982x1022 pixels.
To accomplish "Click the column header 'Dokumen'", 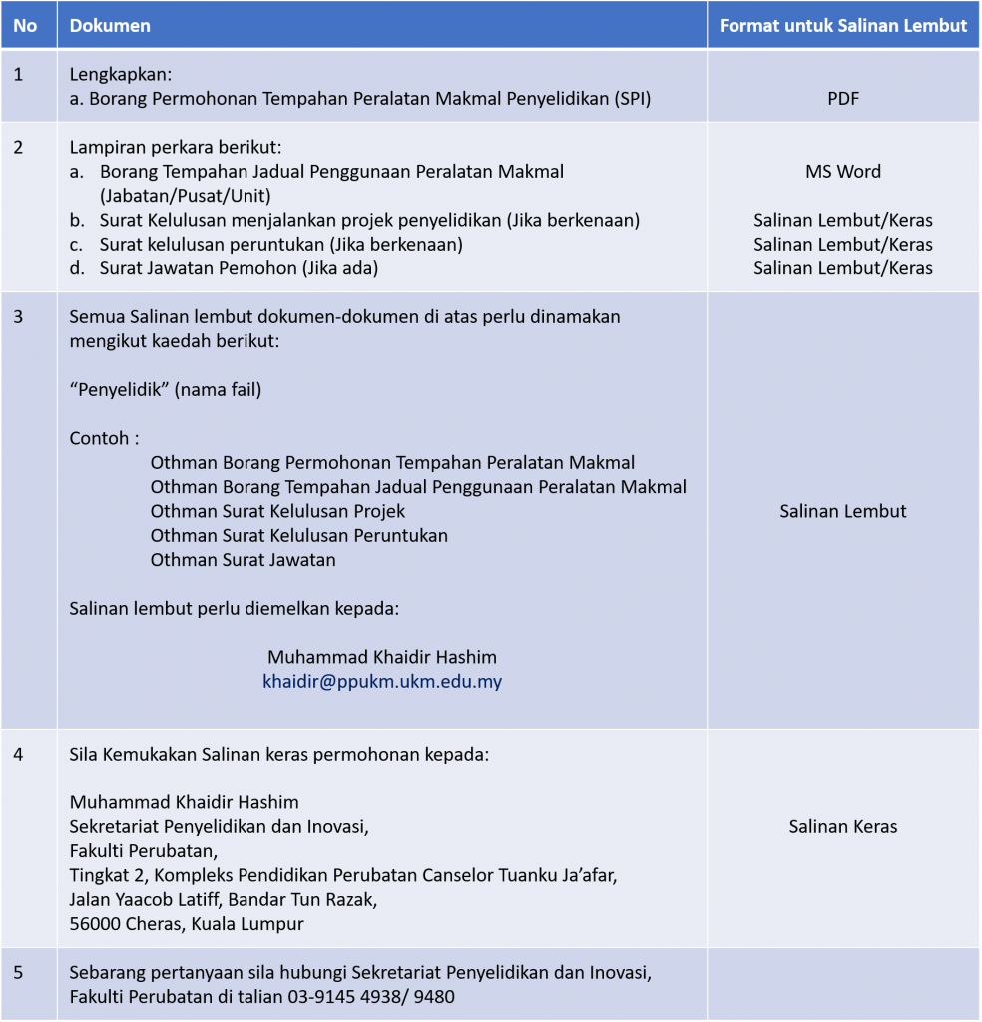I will [110, 26].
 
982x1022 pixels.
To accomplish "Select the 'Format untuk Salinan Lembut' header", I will [843, 26].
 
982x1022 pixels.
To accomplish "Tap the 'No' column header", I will [25, 26].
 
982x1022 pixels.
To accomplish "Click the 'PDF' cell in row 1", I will [843, 99].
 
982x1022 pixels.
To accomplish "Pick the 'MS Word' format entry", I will [843, 171].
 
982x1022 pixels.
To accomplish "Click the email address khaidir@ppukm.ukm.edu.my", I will [382, 682].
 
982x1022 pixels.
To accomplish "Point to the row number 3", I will [19, 317].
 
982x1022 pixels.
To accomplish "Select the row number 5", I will [19, 972].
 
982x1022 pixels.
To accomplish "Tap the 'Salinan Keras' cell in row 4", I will [843, 826].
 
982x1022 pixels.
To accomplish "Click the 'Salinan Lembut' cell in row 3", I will [843, 511].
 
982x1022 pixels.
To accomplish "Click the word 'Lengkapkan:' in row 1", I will [115, 74].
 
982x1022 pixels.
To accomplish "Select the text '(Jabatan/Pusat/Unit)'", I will [186, 196].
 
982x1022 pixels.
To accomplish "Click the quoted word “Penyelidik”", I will [119, 390].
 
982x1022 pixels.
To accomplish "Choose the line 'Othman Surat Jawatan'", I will [243, 560].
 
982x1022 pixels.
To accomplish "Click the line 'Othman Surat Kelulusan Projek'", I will [277, 511].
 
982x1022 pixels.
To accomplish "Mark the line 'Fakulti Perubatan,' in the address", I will [143, 851].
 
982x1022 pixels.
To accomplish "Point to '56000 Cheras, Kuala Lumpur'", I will [187, 924].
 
